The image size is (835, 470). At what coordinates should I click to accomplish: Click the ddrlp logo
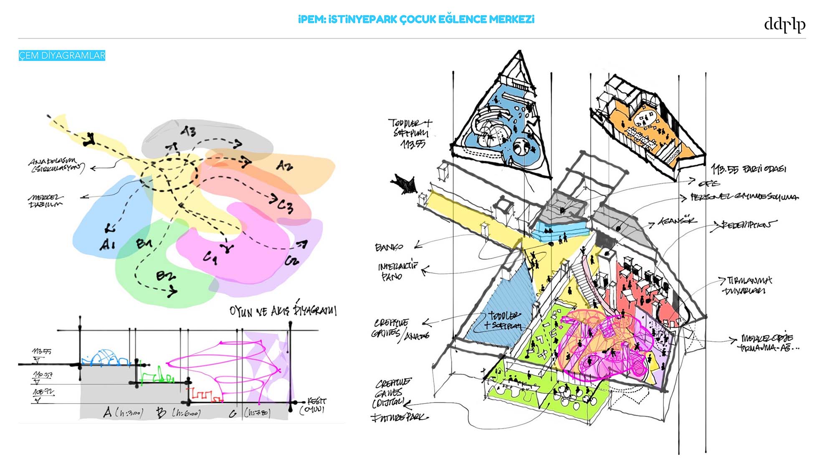click(x=784, y=25)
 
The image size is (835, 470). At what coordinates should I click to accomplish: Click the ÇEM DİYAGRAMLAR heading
click(x=62, y=56)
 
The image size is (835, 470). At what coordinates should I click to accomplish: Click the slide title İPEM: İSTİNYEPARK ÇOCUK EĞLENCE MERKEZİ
click(x=416, y=19)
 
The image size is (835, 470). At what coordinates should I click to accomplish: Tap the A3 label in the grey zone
click(x=188, y=132)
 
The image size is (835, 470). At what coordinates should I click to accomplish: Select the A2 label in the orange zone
click(x=284, y=166)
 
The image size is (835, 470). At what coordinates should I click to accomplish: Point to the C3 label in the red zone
click(x=286, y=206)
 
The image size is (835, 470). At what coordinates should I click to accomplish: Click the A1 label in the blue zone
click(x=107, y=244)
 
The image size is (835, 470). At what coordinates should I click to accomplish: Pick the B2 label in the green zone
click(x=166, y=276)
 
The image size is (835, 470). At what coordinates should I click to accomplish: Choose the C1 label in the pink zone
click(x=210, y=258)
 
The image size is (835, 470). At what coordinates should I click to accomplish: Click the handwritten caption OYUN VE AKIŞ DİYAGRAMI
click(x=283, y=310)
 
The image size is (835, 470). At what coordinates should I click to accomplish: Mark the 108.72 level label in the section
click(x=43, y=392)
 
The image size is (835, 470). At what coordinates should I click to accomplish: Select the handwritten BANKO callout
click(x=389, y=247)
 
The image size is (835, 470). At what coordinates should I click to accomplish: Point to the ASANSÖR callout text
click(x=677, y=221)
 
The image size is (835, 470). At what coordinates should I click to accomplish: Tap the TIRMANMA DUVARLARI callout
click(x=747, y=285)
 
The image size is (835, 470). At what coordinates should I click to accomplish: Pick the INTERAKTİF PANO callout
click(x=397, y=271)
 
